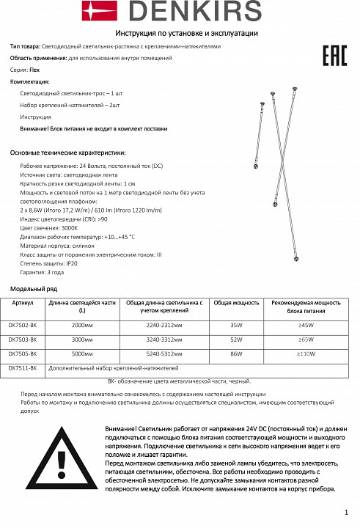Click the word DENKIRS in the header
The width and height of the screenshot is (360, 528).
[197, 12]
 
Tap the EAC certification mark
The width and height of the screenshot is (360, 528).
[334, 56]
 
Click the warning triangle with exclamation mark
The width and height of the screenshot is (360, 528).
[56, 461]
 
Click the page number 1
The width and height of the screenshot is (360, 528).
[345, 513]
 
